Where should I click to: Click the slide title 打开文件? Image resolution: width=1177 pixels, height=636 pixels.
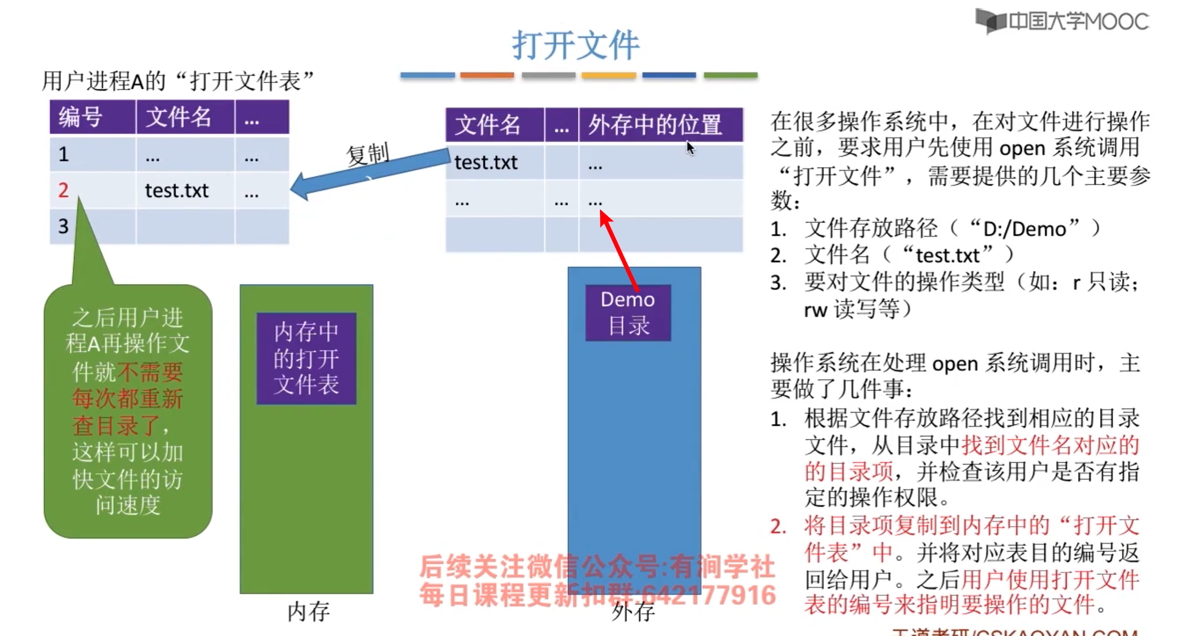[x=575, y=45]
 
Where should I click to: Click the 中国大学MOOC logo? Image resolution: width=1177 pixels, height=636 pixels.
[x=1062, y=21]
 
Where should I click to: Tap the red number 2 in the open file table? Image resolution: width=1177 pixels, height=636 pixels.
[x=64, y=191]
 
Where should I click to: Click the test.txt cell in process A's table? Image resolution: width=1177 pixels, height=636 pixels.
[x=177, y=191]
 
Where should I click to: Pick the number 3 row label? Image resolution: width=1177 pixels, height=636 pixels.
[x=64, y=226]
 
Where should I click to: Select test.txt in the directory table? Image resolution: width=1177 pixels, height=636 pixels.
[x=486, y=163]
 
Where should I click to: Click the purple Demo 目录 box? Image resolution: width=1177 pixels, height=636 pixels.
[x=628, y=313]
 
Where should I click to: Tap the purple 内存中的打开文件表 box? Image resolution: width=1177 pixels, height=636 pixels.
[x=306, y=358]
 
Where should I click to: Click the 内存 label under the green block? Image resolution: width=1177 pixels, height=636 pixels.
[x=308, y=612]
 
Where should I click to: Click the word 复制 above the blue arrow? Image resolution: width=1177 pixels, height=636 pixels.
[x=368, y=154]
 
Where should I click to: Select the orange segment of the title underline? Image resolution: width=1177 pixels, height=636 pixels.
[x=487, y=75]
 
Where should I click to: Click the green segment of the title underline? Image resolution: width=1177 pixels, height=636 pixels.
[x=730, y=75]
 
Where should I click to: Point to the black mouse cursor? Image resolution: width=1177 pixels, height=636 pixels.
[x=690, y=148]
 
